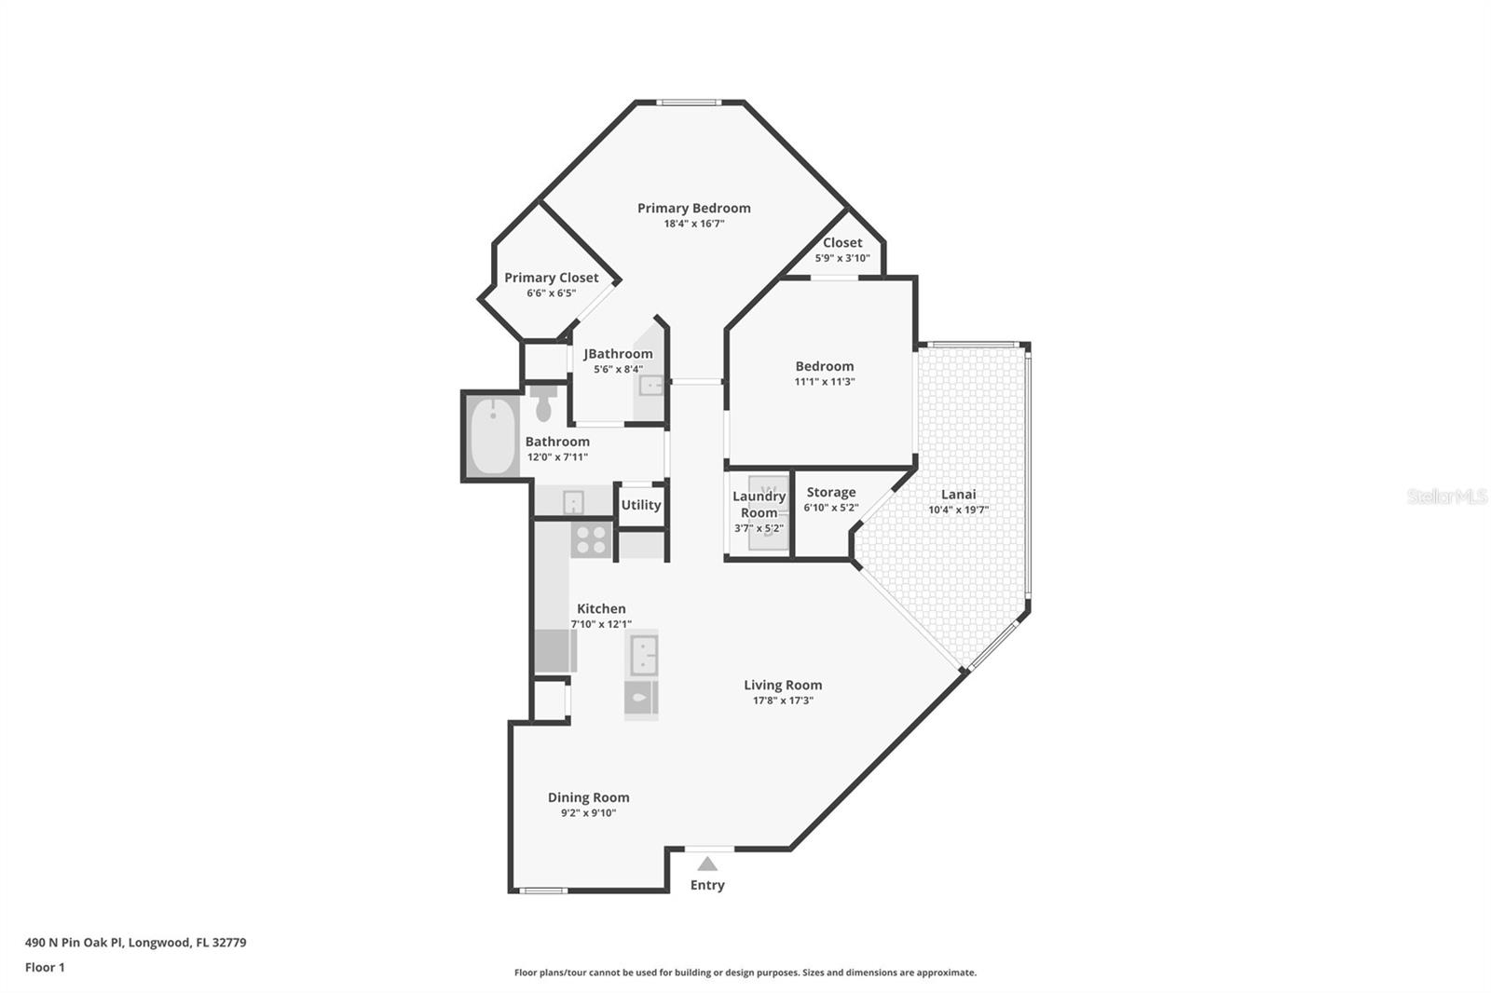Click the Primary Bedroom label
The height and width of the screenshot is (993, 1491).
point(693,208)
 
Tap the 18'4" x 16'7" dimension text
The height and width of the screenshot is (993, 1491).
point(693,224)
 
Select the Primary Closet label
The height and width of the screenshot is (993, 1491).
point(551,278)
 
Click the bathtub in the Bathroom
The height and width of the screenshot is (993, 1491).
point(492,436)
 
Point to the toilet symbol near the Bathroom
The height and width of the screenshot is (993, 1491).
point(544,403)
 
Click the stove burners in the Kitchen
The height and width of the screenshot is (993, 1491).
point(591,539)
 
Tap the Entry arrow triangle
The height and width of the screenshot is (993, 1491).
point(707,864)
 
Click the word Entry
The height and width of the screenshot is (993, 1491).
point(707,885)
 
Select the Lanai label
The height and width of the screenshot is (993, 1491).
point(958,494)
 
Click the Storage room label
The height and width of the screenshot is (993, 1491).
point(830,492)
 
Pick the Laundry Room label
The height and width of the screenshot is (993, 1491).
point(759,504)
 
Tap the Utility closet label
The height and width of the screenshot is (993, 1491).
point(640,505)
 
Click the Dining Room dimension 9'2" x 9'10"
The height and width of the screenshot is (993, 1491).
point(588,813)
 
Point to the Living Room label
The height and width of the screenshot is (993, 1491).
point(783,685)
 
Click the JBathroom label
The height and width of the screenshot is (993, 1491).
point(618,354)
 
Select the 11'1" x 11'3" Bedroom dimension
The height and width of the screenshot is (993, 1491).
point(824,382)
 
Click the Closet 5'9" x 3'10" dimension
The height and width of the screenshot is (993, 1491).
point(841,258)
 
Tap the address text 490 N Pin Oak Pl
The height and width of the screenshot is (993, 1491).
point(75,942)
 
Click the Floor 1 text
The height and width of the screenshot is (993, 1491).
point(45,967)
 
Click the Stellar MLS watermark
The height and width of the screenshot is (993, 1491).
point(1446,496)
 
